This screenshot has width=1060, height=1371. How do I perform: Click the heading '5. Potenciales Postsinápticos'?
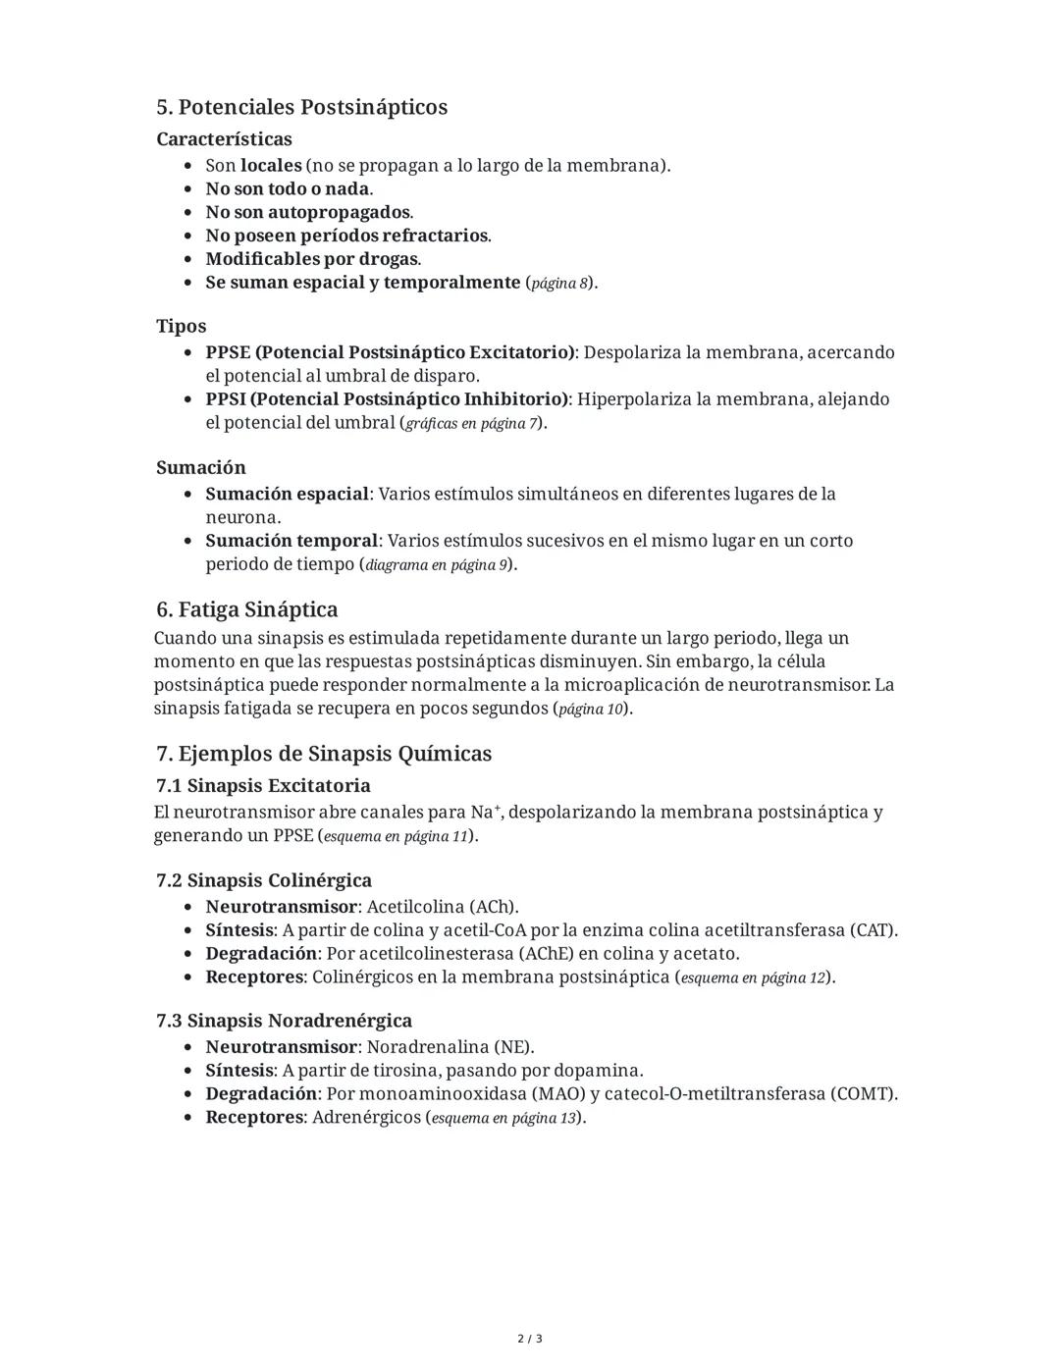(x=301, y=107)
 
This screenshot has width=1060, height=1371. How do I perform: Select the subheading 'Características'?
(x=224, y=139)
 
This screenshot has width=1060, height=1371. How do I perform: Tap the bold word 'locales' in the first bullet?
(x=271, y=165)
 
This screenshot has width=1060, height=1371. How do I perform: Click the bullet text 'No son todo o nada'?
(x=288, y=188)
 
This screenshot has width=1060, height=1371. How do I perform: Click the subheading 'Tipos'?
(x=181, y=326)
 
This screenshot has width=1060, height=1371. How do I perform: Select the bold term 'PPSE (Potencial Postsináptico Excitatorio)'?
(x=390, y=352)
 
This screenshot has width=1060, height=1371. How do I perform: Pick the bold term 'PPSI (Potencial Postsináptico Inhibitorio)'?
(x=387, y=399)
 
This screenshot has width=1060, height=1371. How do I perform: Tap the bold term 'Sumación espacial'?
(x=287, y=494)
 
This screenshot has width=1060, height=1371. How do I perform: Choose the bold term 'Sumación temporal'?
(x=291, y=541)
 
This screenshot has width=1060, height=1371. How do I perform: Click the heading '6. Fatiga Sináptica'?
(x=246, y=609)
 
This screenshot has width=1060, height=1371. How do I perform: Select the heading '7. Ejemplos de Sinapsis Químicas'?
(x=324, y=754)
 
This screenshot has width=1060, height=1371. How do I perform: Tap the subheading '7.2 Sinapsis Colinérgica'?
(x=263, y=880)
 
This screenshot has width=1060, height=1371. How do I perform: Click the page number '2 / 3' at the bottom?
(x=530, y=1339)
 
